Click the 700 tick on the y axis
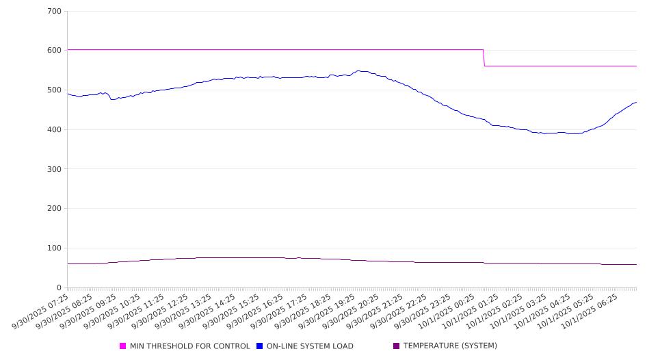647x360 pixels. [54, 12]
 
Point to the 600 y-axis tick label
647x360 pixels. [54, 51]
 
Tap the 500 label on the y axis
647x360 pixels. [54, 90]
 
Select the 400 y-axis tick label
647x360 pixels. [54, 130]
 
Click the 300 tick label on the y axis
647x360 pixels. [54, 169]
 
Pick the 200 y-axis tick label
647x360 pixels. [54, 209]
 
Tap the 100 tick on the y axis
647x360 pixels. [54, 248]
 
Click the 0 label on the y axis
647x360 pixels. [59, 288]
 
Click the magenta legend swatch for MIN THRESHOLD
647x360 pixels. [123, 346]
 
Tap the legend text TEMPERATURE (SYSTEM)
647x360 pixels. [450, 346]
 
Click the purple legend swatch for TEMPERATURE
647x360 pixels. [397, 346]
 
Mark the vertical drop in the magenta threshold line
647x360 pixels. [484, 58]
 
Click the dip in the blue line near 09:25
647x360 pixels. [112, 99]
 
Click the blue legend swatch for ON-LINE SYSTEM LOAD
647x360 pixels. [260, 346]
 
